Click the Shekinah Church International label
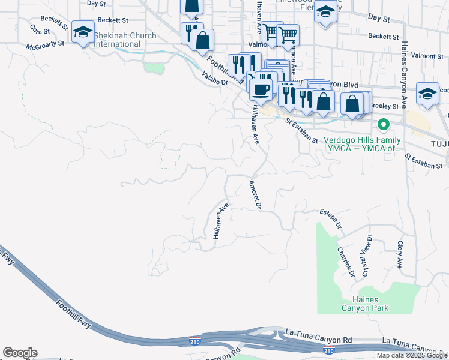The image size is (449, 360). pyautogui.click(x=125, y=40)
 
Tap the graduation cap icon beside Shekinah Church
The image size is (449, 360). pyautogui.click(x=82, y=32)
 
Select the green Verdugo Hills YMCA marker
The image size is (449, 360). pyautogui.click(x=382, y=125)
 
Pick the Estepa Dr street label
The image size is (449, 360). pyautogui.click(x=331, y=219)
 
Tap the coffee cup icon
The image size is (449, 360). pyautogui.click(x=261, y=89)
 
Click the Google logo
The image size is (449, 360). pyautogui.click(x=20, y=353)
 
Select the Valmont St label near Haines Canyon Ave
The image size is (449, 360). pyautogui.click(x=427, y=56)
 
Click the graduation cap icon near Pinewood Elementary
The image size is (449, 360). pyautogui.click(x=325, y=13)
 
